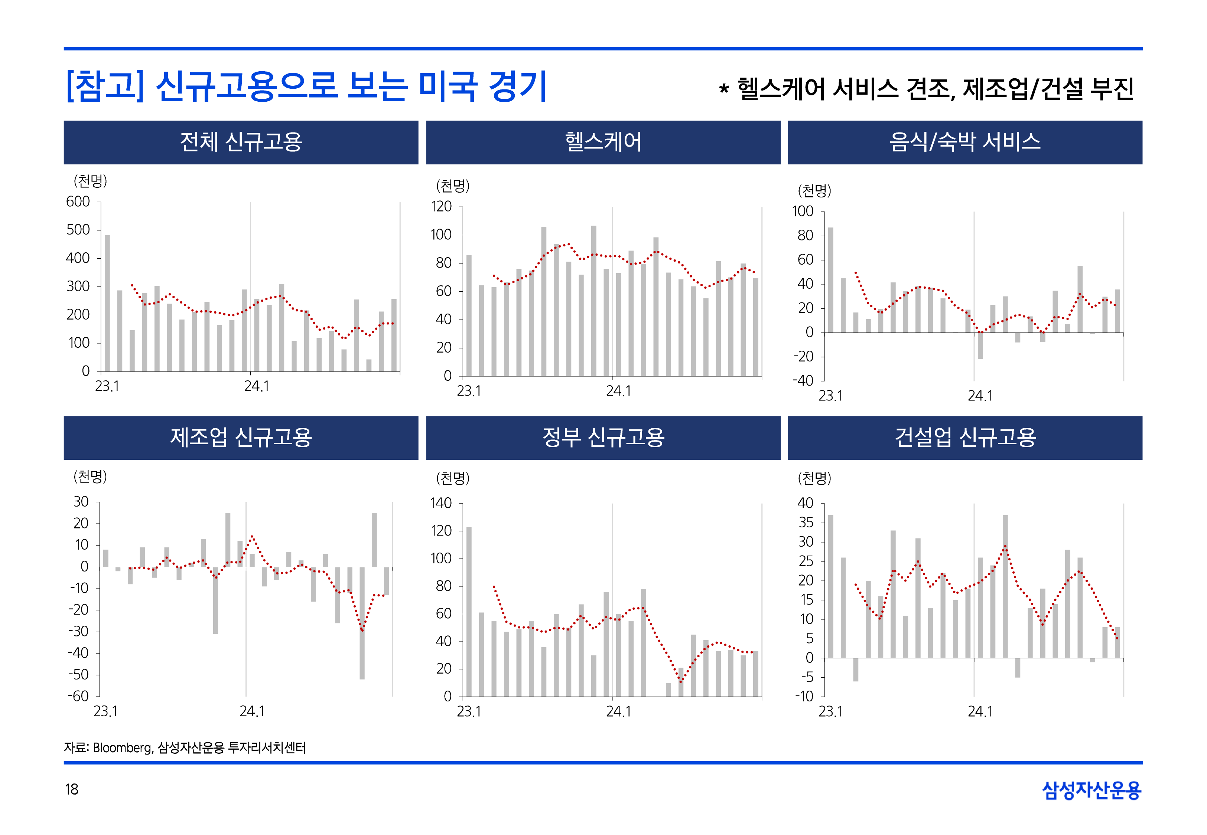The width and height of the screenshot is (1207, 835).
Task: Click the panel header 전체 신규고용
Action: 241,142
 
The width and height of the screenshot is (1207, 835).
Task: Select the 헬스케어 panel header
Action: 603,142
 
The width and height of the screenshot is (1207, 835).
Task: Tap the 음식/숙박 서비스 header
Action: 964,142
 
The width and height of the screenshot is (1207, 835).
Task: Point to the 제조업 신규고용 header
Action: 241,438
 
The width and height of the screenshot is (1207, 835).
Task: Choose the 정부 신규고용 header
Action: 603,438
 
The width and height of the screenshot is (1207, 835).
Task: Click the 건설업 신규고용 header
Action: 964,438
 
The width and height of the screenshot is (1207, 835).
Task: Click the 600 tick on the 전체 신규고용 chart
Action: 78,202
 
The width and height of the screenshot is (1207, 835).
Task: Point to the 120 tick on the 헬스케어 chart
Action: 441,207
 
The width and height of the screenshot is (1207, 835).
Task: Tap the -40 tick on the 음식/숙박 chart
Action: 803,380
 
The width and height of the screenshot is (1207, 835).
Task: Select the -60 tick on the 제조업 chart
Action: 78,696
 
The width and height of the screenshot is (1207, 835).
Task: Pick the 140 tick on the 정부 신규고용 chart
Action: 441,503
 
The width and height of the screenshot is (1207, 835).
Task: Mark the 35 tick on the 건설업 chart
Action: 806,523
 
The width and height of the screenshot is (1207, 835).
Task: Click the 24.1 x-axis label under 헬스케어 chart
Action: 618,392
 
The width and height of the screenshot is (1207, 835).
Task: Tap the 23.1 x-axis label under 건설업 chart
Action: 831,712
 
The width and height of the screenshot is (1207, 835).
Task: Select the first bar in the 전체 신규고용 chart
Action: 107,304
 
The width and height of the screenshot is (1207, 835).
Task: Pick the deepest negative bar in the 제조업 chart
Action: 362,623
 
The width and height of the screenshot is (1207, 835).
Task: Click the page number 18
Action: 72,789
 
